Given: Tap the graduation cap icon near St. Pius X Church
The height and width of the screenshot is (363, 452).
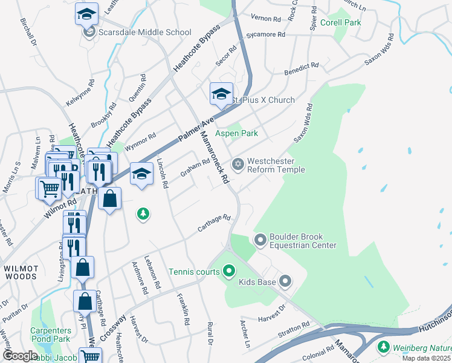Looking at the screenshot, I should [221, 94].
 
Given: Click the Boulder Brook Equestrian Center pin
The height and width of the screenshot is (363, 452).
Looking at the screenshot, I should [260, 241].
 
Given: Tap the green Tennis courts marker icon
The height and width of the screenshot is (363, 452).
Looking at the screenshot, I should [228, 272].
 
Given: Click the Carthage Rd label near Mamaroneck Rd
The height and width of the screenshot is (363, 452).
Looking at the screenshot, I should [215, 226].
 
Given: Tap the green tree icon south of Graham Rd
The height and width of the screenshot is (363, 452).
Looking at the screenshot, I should [143, 214].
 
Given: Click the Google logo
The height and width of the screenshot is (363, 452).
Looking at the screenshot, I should [20, 356].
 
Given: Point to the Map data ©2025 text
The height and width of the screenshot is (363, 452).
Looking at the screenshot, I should [426, 358].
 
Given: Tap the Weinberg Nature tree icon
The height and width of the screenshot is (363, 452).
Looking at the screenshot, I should [383, 347].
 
